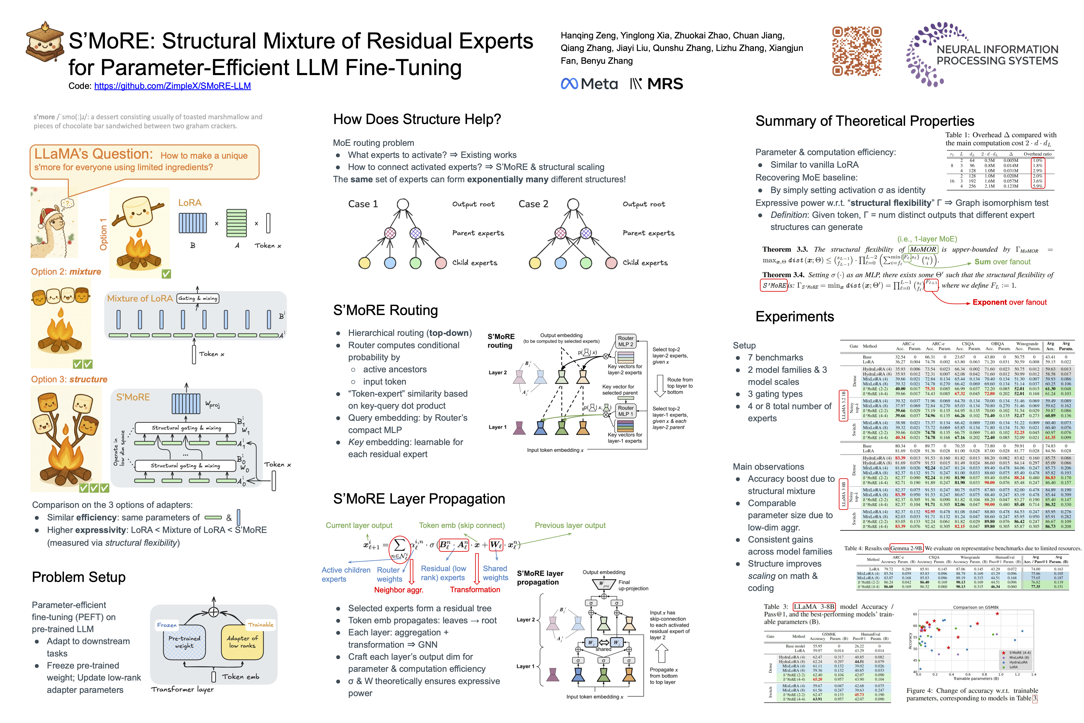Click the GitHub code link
[172, 86]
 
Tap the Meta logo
[589, 84]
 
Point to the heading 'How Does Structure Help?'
[417, 119]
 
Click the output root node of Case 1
[403, 204]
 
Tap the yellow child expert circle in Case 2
[535, 263]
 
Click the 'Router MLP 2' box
[625, 341]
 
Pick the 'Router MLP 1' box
[625, 411]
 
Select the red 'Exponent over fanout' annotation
[1009, 303]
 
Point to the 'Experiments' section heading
[795, 317]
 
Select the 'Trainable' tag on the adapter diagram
[260, 625]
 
